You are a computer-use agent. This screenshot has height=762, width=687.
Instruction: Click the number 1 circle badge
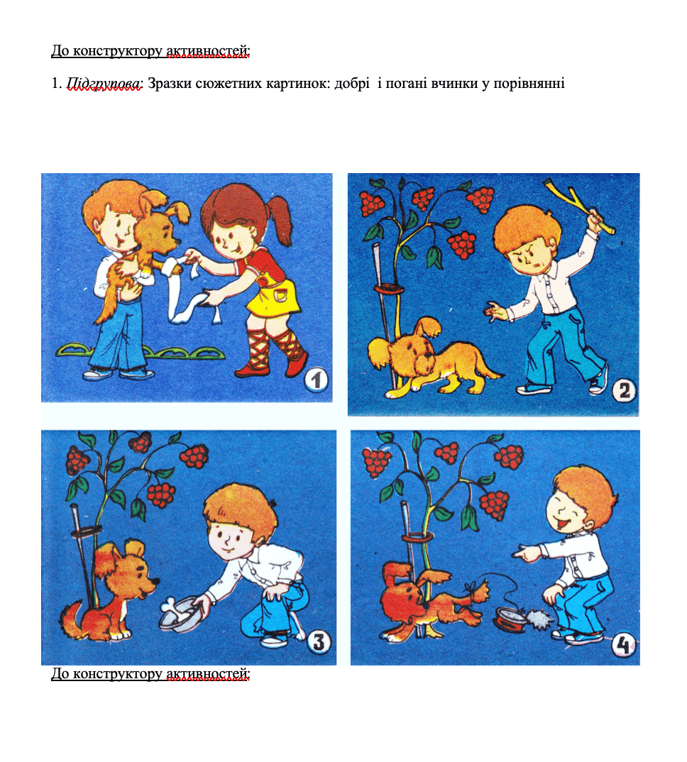pos(317,380)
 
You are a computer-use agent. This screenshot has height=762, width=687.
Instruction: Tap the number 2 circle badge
pos(624,390)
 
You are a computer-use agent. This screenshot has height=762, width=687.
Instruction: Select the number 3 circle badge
pos(319,641)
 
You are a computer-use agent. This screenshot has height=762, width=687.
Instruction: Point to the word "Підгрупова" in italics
pos(104,84)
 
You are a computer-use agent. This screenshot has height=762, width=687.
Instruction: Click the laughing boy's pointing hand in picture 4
pos(527,553)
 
